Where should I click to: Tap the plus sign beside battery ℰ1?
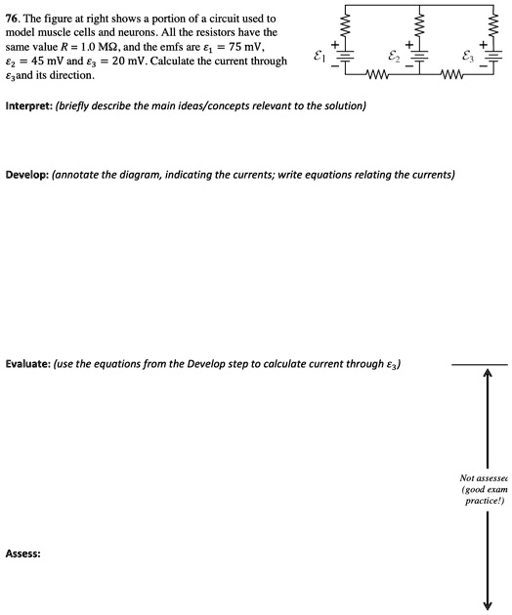click(334, 45)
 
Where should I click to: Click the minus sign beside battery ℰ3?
click(485, 68)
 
